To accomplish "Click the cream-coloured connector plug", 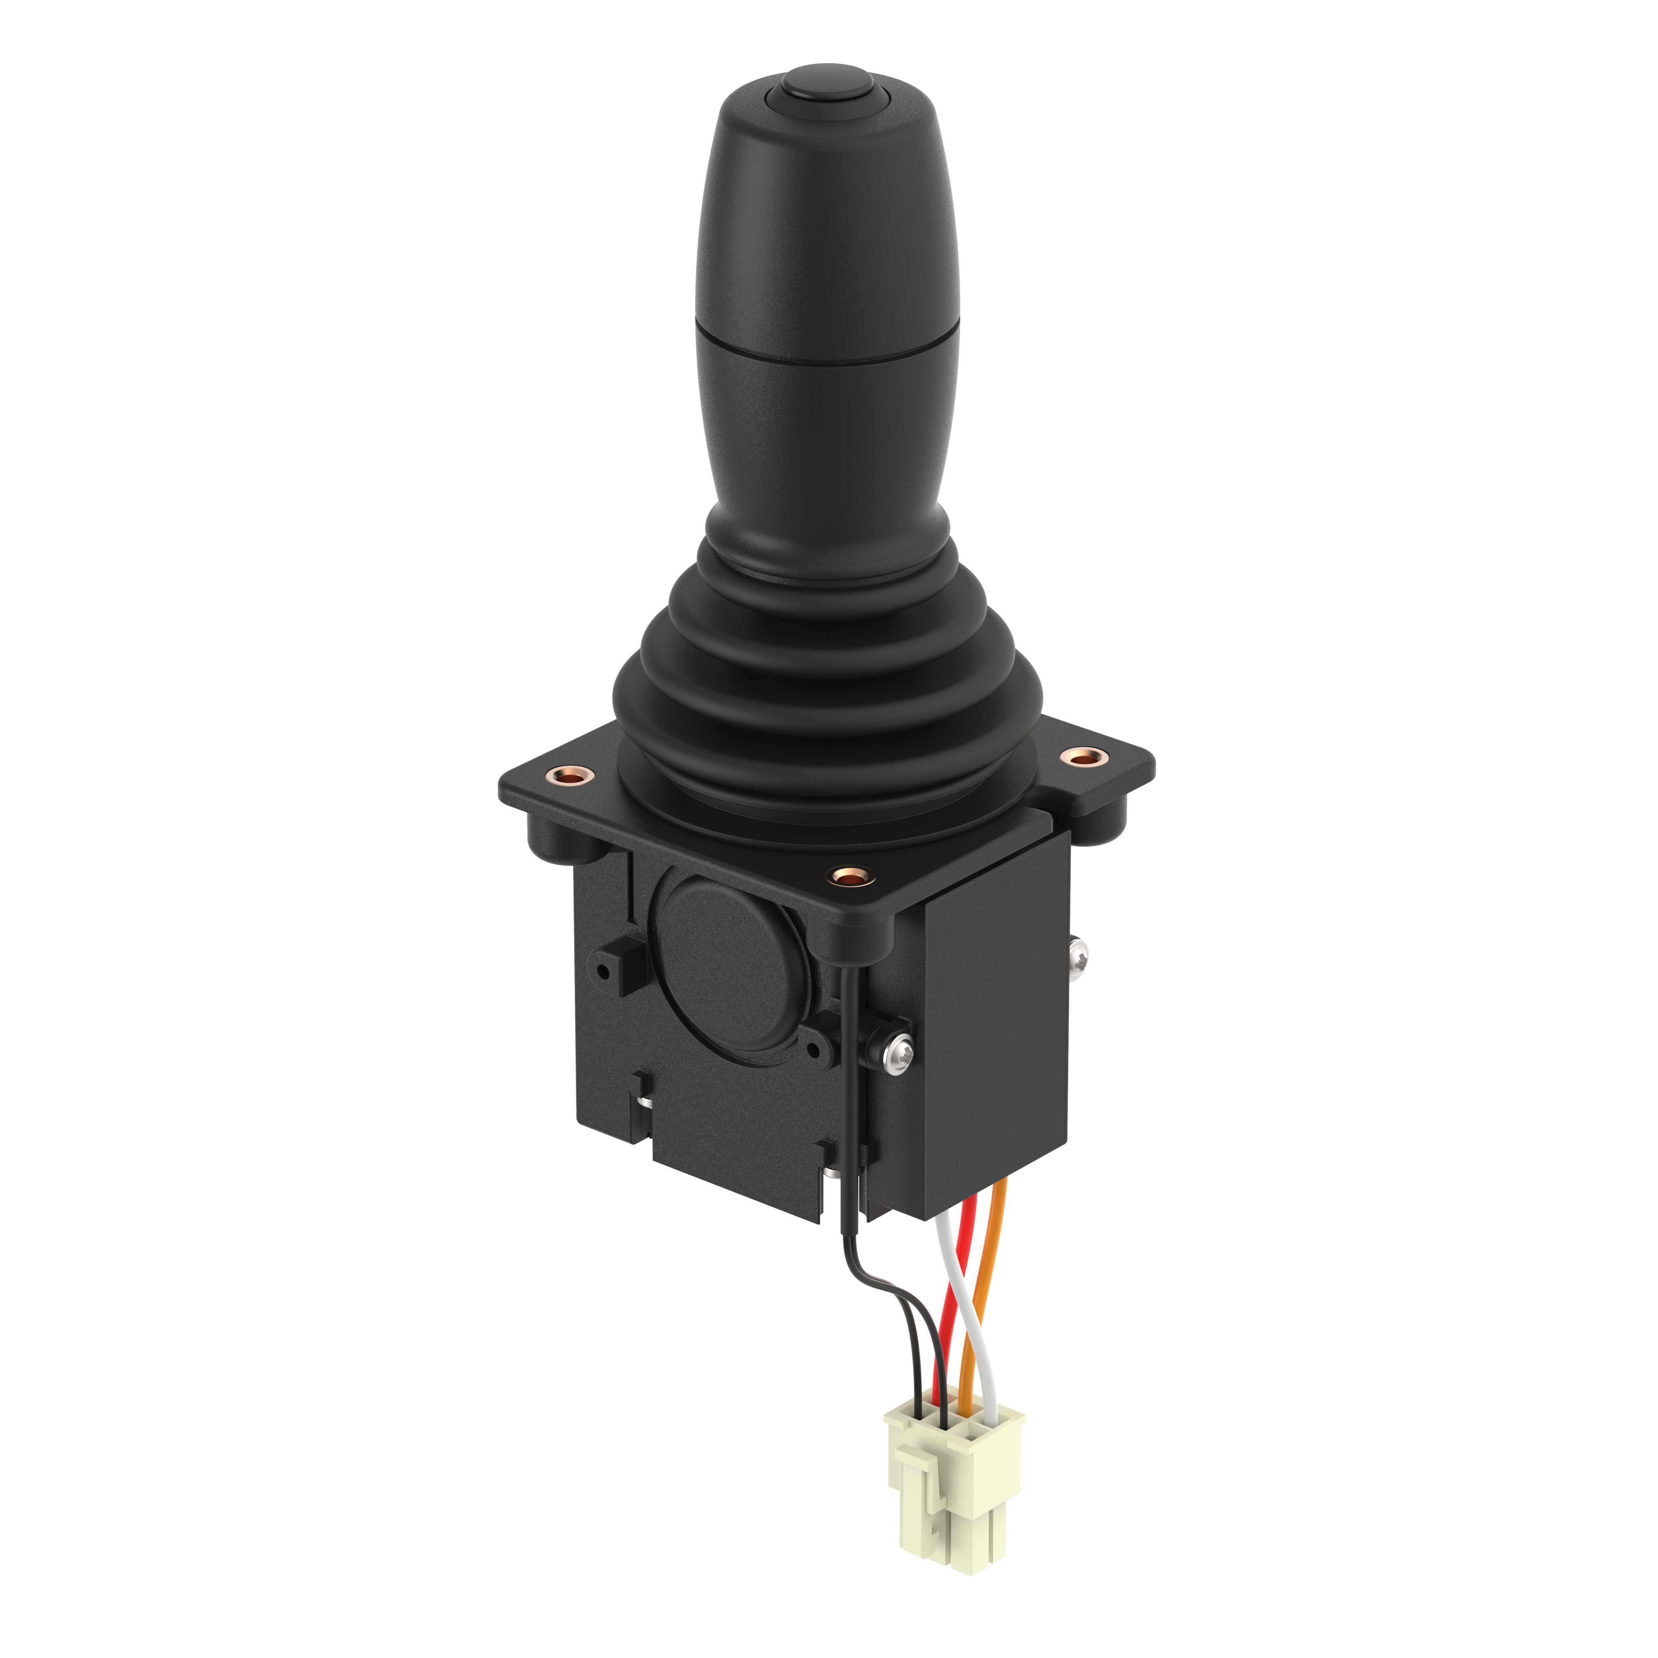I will pos(952,1493).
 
